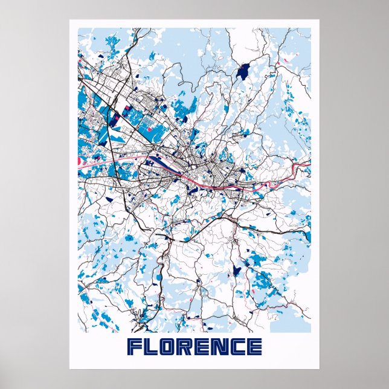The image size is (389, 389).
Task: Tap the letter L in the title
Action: pos(152,347)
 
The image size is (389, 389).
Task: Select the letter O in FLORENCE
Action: pos(169,347)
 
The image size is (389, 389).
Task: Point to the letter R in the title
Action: pos(186,347)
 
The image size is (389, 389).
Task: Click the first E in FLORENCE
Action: pos(203,347)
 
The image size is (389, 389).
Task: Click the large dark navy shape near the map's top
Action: pos(244,71)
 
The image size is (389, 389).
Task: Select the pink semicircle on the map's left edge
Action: pos(80,161)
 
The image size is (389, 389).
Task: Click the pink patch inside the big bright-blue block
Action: pos(127,110)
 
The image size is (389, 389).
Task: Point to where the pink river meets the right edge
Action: pos(309,161)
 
